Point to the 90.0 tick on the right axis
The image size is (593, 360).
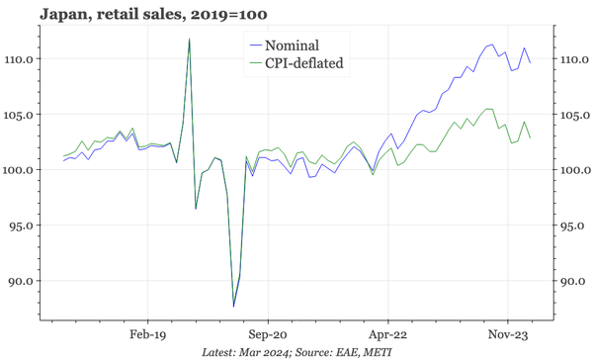[571, 281]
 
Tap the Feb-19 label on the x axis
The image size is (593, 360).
[146, 333]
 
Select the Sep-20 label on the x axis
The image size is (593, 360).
[267, 333]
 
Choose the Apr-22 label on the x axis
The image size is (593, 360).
[387, 333]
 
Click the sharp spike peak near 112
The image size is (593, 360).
[189, 39]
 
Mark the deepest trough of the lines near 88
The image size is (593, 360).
[233, 306]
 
